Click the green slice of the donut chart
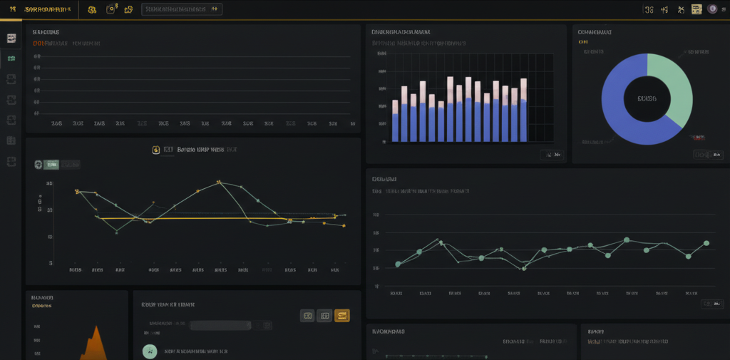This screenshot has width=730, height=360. coord(674,78)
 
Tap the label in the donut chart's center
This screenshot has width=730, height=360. coord(647,98)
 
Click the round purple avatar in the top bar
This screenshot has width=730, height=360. coord(712,9)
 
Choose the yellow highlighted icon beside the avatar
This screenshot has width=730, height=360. coord(696,9)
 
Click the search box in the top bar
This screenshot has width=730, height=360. coord(182,9)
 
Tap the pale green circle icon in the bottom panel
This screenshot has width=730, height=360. coord(149,351)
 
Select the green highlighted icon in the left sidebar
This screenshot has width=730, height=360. coord(11,58)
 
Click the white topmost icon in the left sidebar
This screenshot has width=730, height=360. coord(11,38)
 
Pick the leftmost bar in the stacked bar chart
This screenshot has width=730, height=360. coord(395,121)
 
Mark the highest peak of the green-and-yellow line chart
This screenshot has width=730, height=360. coord(220,182)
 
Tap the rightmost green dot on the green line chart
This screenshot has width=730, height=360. coord(706,243)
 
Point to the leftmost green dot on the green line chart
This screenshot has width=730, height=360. coord(398,264)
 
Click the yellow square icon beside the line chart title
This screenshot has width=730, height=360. coord(155,150)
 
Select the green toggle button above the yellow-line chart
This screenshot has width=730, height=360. coord(51,165)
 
